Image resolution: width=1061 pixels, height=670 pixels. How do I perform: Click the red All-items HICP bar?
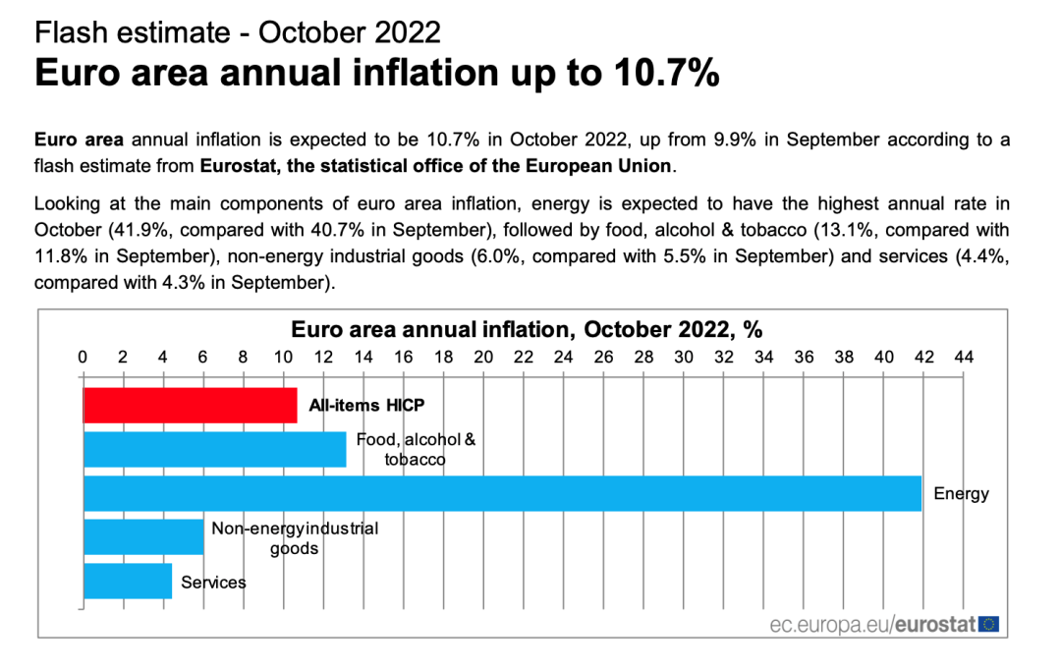(x=190, y=405)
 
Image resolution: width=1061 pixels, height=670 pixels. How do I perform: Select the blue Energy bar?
(x=502, y=493)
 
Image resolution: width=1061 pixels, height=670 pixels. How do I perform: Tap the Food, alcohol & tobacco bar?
(x=214, y=449)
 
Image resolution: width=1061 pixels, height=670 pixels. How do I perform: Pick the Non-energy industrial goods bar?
(x=143, y=537)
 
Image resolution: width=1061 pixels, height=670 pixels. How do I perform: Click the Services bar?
(x=128, y=581)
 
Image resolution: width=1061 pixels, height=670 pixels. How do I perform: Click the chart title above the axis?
(x=527, y=329)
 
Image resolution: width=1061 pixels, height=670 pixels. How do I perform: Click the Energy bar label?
(x=961, y=493)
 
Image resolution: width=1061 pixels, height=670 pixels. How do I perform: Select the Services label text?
(x=213, y=583)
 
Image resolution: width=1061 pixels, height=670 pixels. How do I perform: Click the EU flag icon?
(x=988, y=623)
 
